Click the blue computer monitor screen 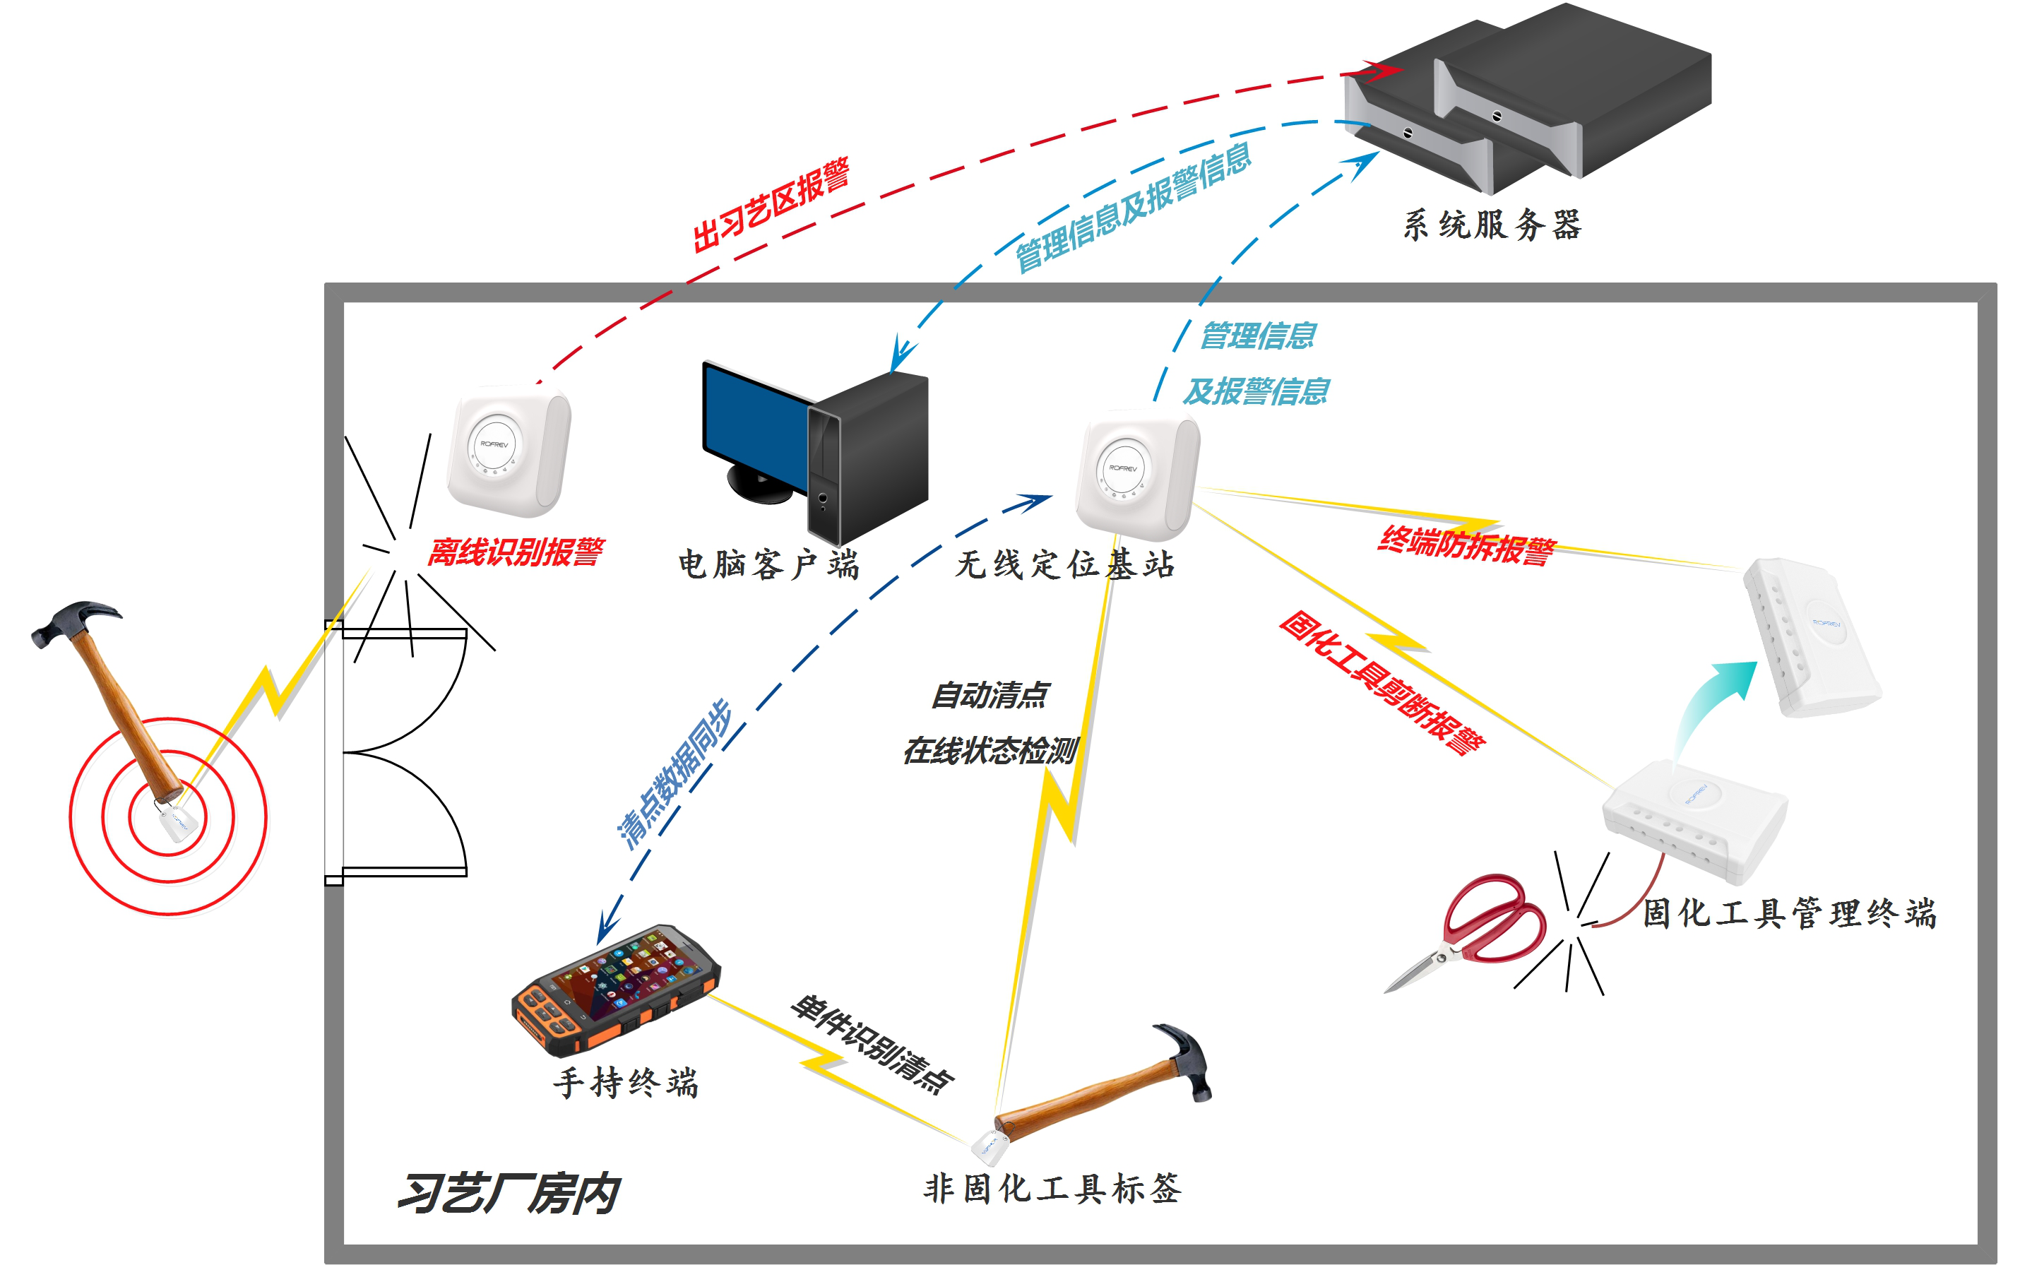pyautogui.click(x=753, y=427)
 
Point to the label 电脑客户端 pyautogui.click(x=768, y=565)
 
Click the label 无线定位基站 pyautogui.click(x=1064, y=565)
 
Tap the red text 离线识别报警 pyautogui.click(x=516, y=552)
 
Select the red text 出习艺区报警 pyautogui.click(x=771, y=205)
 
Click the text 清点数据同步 pyautogui.click(x=675, y=775)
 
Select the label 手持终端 pyautogui.click(x=626, y=1083)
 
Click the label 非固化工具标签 pyautogui.click(x=1052, y=1189)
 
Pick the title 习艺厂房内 pyautogui.click(x=508, y=1193)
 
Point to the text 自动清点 pyautogui.click(x=990, y=695)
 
